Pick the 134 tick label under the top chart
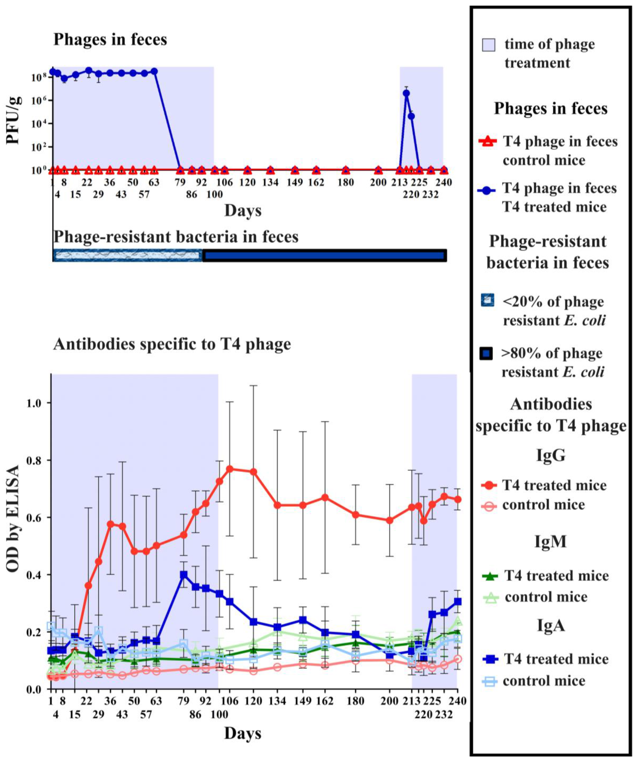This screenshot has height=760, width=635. tap(270, 182)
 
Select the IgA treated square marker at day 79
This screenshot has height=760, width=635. tap(184, 575)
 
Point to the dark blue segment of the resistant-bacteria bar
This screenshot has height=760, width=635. tap(324, 256)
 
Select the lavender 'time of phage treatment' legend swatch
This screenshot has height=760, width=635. tap(488, 45)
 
